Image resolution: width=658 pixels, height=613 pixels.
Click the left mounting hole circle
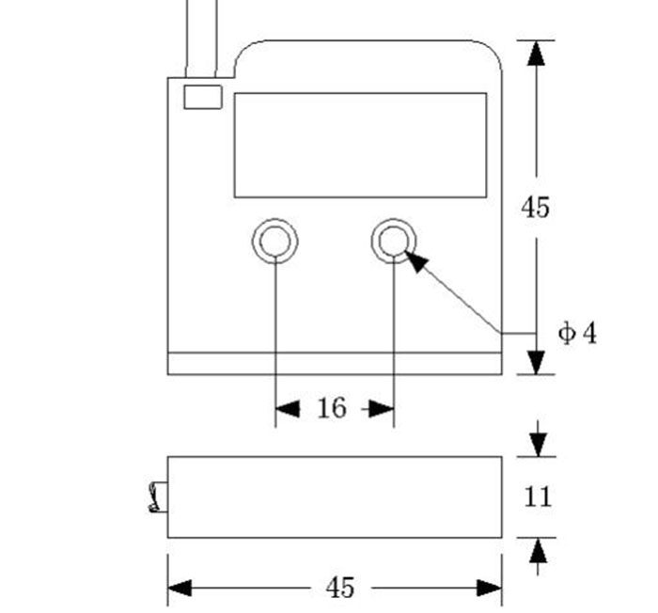click(275, 242)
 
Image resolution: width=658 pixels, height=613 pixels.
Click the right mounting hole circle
click(393, 242)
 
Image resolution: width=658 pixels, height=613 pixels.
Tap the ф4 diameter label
click(577, 333)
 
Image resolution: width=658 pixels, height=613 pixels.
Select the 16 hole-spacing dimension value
click(332, 408)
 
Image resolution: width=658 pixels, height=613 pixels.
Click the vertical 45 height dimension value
click(536, 208)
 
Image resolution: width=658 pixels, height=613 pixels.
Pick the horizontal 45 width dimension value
click(340, 589)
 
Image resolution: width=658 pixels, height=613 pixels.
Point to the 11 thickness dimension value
click(537, 496)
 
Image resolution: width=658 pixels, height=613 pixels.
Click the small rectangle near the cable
click(202, 97)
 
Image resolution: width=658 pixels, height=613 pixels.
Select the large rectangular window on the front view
click(360, 145)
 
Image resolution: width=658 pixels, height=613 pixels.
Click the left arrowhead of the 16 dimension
click(287, 408)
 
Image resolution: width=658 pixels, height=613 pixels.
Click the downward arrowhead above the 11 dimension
click(538, 443)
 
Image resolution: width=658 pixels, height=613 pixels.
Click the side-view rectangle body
click(334, 496)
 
